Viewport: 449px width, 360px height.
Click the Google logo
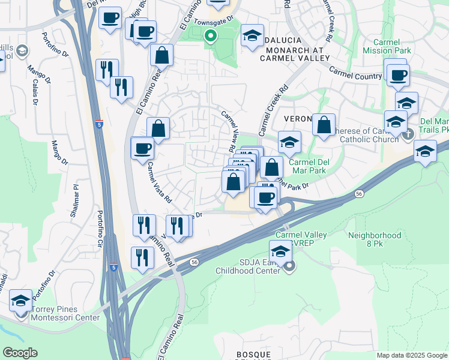[x=20, y=353]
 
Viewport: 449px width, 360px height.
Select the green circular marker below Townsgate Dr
[x=210, y=36]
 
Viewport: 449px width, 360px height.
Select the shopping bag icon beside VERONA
[x=324, y=125]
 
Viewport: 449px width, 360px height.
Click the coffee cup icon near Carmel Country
[x=398, y=75]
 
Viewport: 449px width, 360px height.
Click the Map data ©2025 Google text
[x=412, y=355]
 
